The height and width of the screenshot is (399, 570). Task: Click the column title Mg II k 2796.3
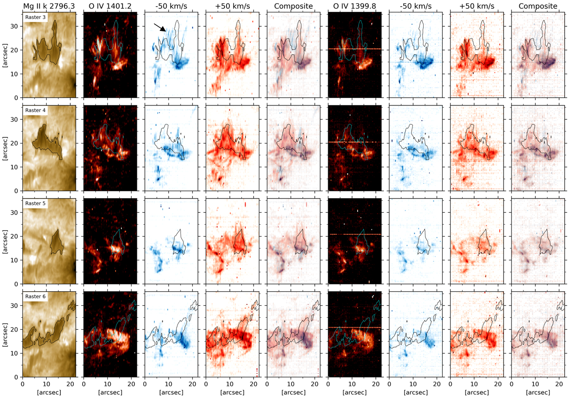49,6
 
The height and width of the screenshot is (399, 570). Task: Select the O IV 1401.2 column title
110,6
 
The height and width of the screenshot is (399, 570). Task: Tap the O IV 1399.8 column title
354,6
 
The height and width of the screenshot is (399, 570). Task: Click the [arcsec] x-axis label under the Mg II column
49,393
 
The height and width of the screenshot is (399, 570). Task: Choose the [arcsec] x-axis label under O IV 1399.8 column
354,393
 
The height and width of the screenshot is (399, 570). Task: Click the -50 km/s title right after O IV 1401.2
171,6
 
